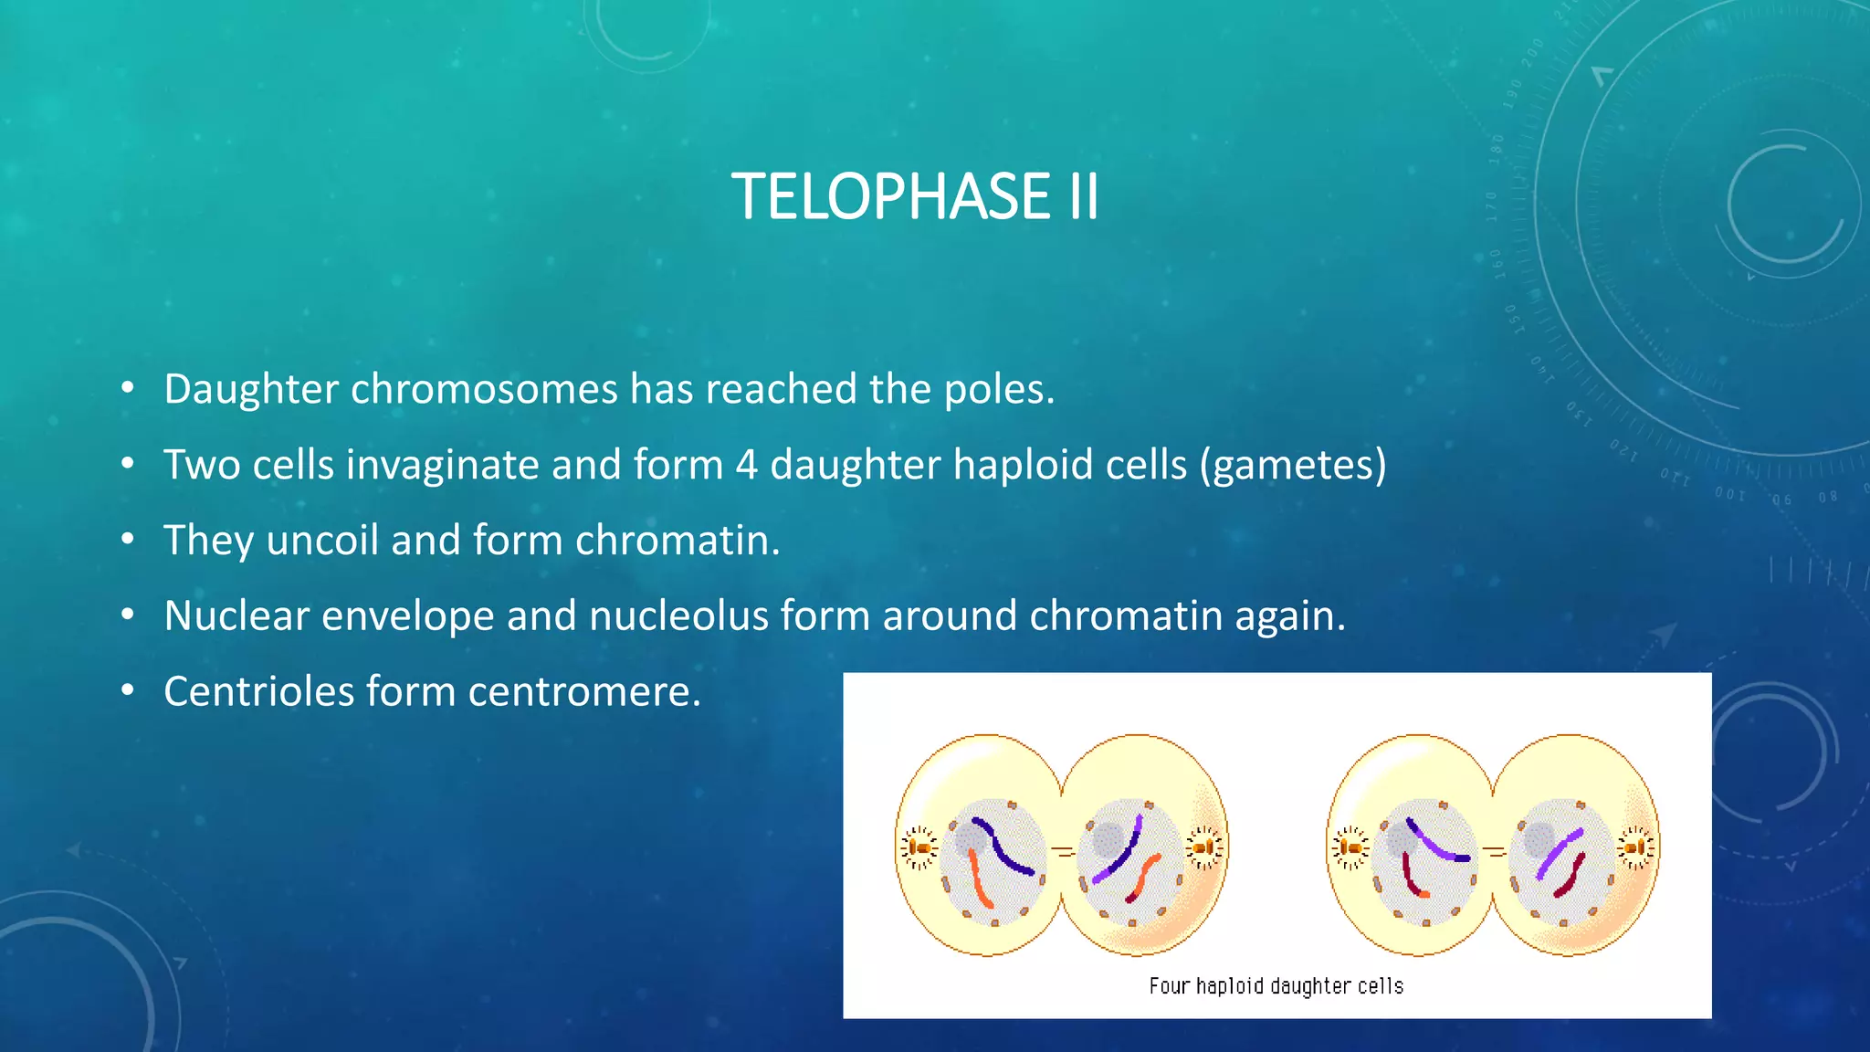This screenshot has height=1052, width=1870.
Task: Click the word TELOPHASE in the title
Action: point(890,197)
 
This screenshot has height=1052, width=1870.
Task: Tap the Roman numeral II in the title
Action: point(1082,197)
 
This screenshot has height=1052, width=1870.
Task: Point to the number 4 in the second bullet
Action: point(746,465)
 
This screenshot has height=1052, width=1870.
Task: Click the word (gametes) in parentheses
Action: point(1293,466)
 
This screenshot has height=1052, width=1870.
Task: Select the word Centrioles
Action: point(258,692)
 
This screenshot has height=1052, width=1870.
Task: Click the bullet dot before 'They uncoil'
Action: point(128,540)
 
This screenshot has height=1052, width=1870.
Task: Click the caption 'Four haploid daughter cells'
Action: point(1276,986)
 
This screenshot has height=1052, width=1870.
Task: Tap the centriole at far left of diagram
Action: point(919,848)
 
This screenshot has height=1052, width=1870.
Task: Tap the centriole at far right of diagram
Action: point(1635,848)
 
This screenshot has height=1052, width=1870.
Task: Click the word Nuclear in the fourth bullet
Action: point(236,616)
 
